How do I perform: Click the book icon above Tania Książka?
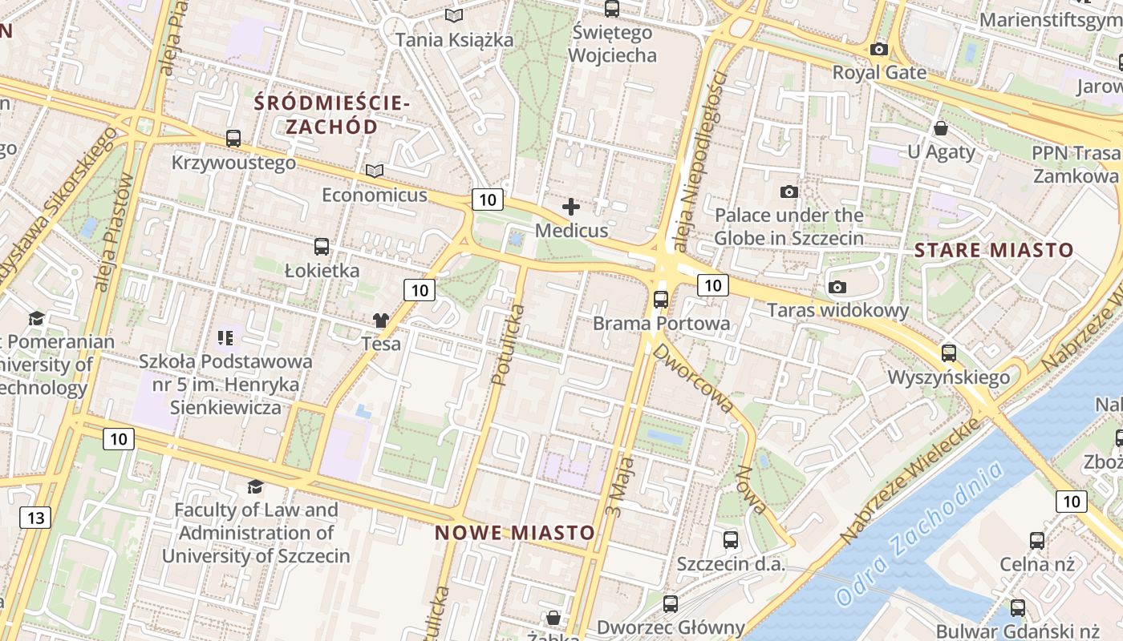[454, 15]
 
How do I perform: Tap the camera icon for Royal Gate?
[879, 49]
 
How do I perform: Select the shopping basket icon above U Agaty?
[941, 128]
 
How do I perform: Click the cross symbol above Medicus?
[571, 208]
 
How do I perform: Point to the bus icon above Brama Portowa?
[661, 300]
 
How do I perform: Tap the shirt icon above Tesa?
[381, 320]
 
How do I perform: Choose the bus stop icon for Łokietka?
[322, 246]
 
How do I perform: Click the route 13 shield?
[35, 518]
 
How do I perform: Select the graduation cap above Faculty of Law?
[255, 486]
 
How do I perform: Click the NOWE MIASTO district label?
[515, 533]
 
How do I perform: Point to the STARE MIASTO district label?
[994, 250]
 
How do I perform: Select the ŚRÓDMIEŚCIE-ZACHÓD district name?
[332, 115]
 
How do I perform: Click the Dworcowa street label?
[693, 377]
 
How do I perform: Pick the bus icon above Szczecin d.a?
[730, 540]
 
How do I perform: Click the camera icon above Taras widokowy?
[837, 287]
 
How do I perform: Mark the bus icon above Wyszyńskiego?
[949, 353]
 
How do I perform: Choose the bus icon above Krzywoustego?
[233, 139]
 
